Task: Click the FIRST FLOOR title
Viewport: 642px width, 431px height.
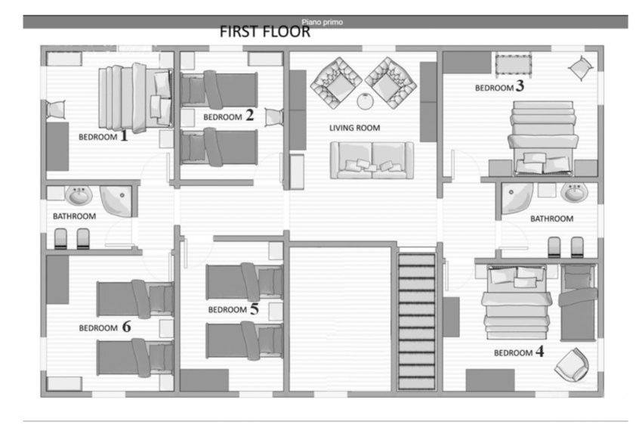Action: tap(265, 32)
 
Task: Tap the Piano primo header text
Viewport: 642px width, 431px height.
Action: tap(323, 22)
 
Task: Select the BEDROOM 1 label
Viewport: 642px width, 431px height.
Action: tap(103, 136)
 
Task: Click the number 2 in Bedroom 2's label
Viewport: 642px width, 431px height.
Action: tap(249, 115)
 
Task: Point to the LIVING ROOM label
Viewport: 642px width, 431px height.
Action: tap(354, 128)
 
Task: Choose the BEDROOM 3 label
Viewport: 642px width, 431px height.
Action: tap(499, 86)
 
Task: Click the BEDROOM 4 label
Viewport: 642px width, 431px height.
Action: tap(519, 352)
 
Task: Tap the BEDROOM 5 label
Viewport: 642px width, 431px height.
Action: tap(233, 309)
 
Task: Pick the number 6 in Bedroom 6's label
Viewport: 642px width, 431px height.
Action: tap(127, 327)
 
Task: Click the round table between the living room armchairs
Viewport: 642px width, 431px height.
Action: tap(365, 101)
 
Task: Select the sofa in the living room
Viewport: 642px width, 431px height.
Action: tap(372, 160)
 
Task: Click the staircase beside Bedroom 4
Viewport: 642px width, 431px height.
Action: tap(416, 321)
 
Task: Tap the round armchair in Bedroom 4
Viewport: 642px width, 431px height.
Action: tap(572, 364)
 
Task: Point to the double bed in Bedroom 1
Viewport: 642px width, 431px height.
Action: tap(135, 98)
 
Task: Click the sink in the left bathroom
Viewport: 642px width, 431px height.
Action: tap(79, 196)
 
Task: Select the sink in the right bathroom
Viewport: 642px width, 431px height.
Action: tap(575, 192)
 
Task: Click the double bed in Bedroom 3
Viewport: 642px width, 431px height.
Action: tap(543, 138)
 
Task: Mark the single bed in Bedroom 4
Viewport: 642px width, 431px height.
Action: tap(578, 302)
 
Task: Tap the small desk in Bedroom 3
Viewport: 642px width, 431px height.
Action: tap(514, 65)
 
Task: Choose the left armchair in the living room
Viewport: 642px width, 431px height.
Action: tap(336, 83)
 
